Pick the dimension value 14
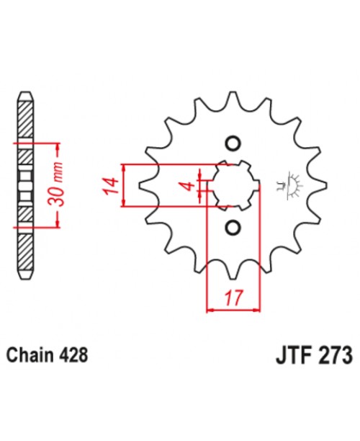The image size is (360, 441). point(109,185)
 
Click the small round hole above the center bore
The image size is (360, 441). point(233,141)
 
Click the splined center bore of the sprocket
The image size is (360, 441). point(233,185)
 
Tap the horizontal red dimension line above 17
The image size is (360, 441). point(233,311)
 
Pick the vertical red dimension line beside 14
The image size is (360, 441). point(126,185)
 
